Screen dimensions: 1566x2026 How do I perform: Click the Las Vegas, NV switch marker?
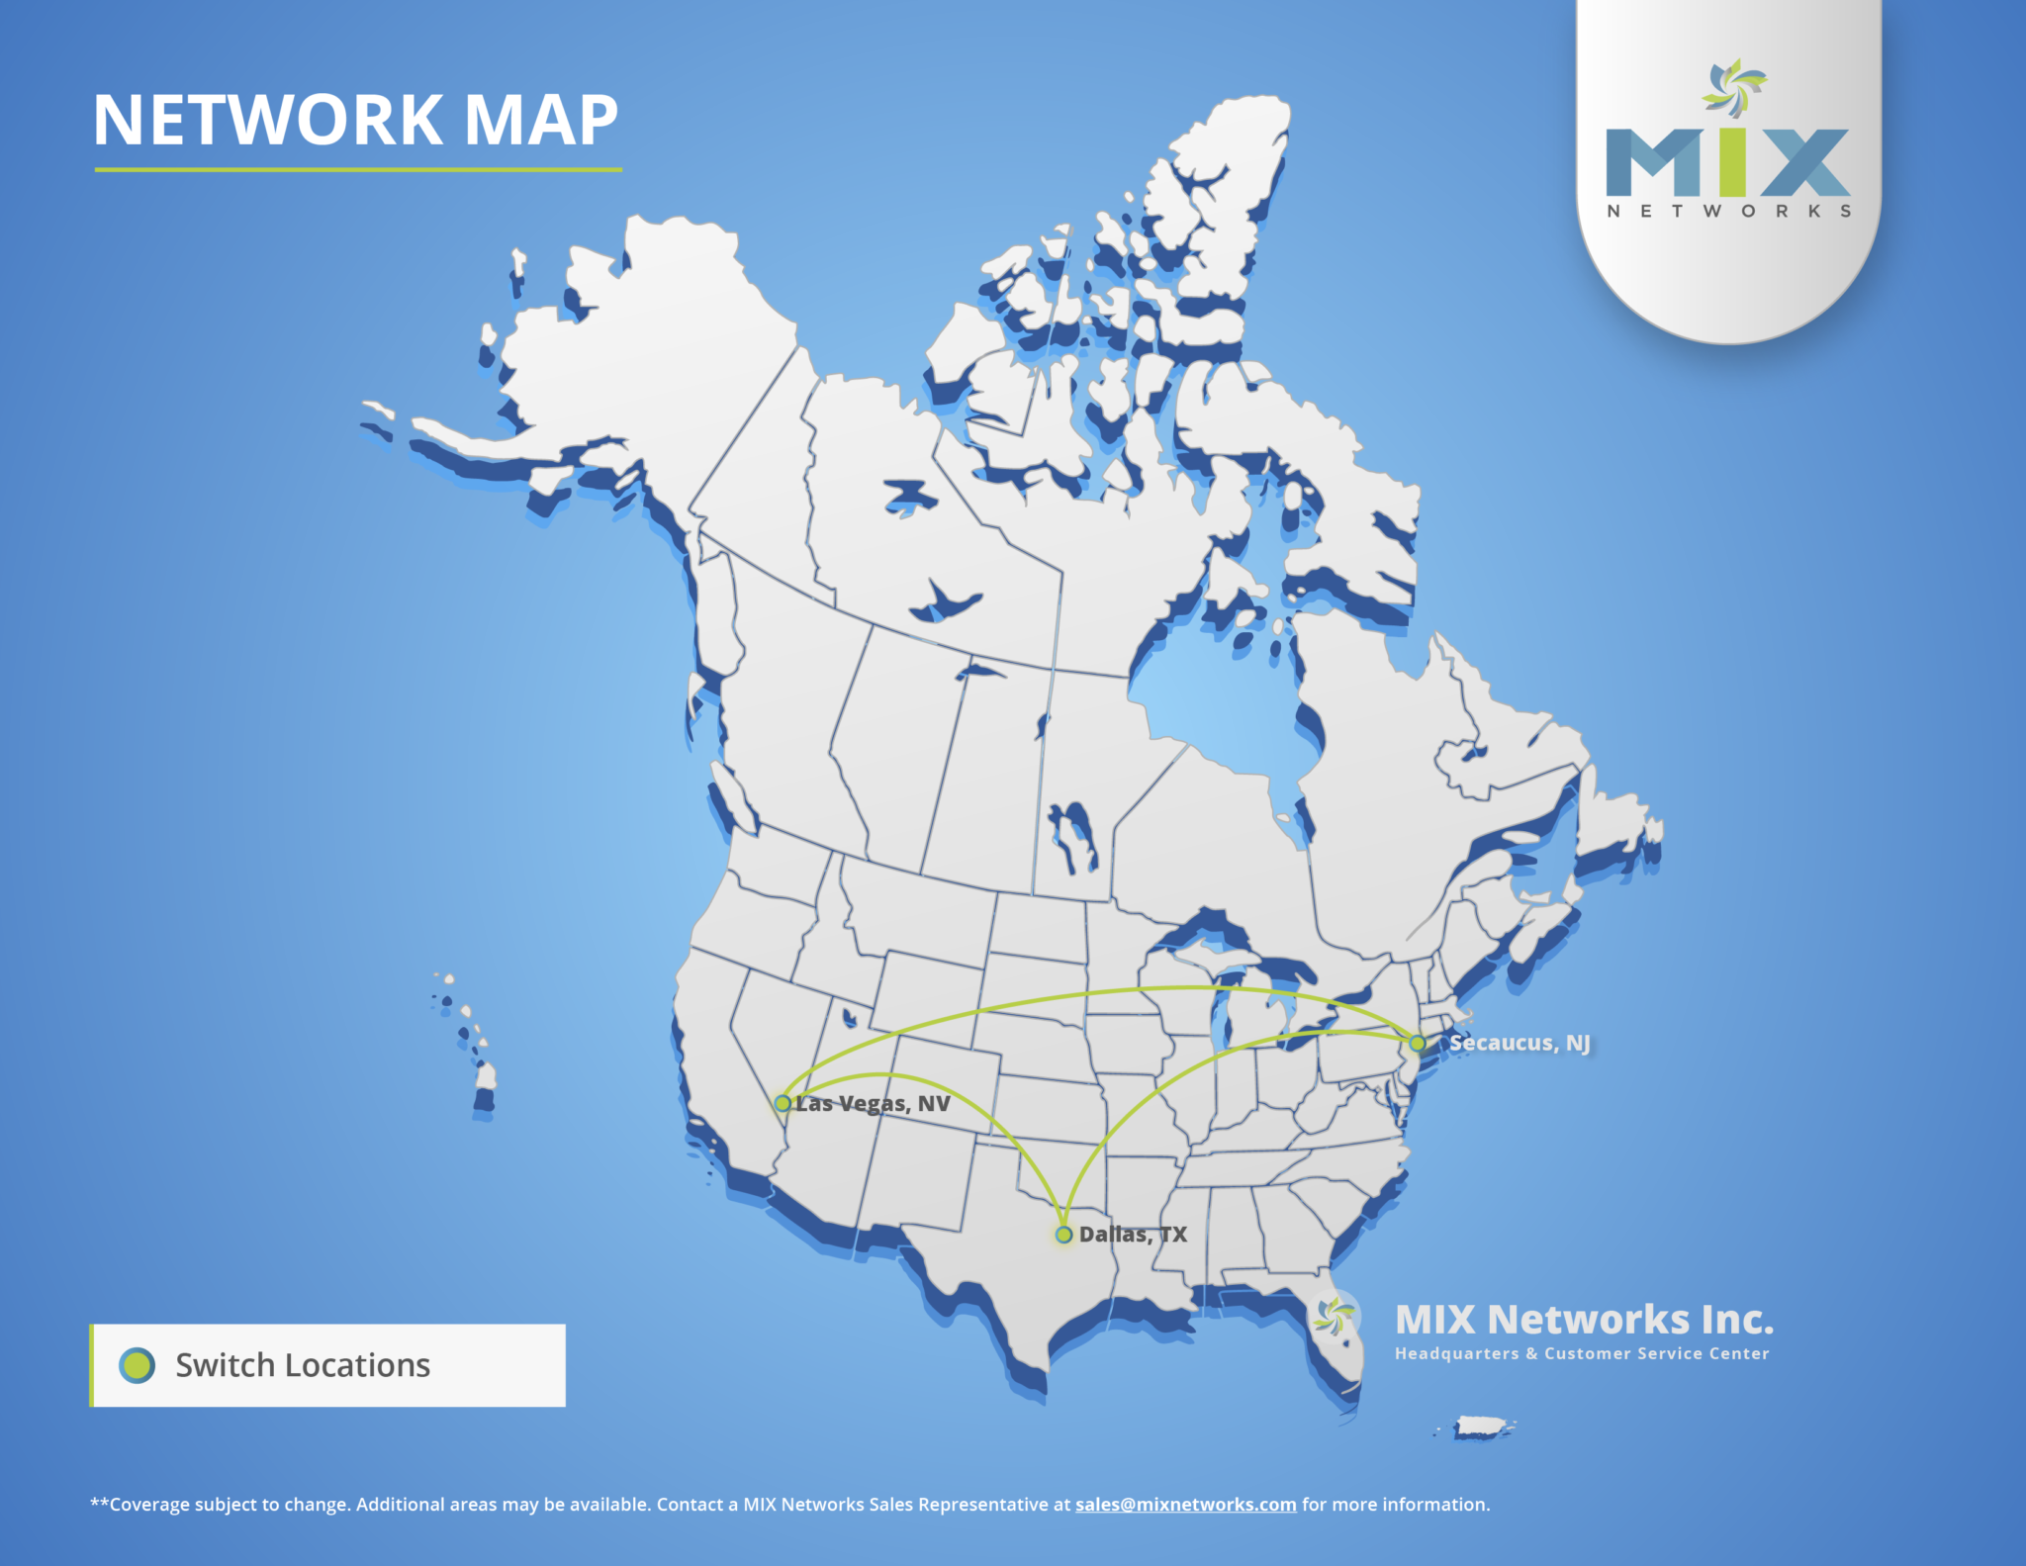tap(783, 1103)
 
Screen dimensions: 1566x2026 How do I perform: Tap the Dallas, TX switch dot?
tap(1063, 1235)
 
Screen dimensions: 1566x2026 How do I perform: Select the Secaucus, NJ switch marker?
tap(1418, 1043)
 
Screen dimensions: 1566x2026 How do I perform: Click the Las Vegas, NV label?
tap(874, 1104)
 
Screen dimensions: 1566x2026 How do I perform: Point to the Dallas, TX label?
tap(1133, 1235)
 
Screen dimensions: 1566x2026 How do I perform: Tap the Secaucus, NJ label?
tap(1519, 1043)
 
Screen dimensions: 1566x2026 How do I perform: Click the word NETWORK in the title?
tap(268, 121)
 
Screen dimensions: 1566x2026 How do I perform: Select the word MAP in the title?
tap(541, 121)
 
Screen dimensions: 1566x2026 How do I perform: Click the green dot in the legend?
tap(137, 1365)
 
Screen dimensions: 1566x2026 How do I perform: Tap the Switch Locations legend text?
tap(303, 1365)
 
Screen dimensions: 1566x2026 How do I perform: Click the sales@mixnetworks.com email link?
tap(1185, 1505)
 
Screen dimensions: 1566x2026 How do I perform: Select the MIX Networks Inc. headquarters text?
tap(1584, 1320)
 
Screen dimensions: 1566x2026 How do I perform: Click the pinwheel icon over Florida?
tap(1335, 1317)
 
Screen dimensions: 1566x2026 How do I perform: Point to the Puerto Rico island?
tap(1481, 1428)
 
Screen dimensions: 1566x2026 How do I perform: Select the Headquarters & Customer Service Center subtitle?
tap(1582, 1353)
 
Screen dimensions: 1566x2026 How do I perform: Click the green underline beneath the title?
tap(357, 170)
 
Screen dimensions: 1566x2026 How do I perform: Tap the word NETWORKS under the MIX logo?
tap(1728, 211)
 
